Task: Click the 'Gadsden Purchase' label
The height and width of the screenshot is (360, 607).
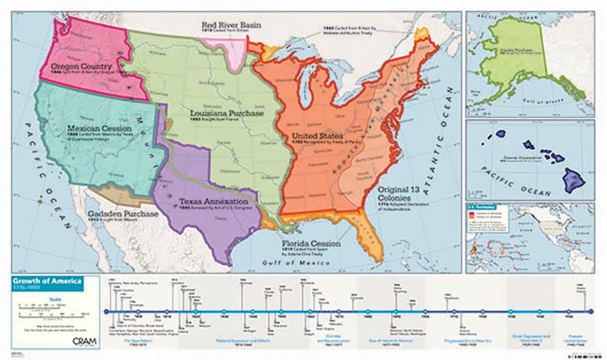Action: [x=122, y=214]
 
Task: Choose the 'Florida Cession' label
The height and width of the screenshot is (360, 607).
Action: [x=311, y=244]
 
